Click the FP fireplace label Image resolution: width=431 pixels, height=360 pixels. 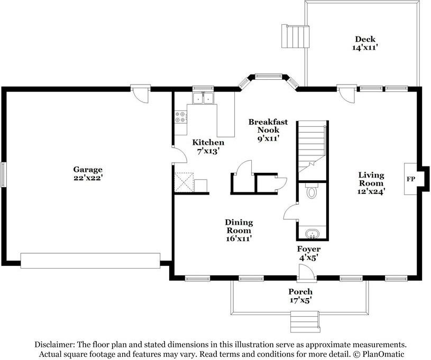coord(411,179)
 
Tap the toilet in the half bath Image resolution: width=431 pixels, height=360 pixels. coord(311,190)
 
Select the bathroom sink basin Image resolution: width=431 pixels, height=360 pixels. coord(312,234)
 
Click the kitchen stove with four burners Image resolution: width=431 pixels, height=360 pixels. coord(181,117)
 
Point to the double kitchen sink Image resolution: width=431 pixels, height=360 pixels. coord(203,98)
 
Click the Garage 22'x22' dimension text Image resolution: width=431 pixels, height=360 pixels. coord(88,178)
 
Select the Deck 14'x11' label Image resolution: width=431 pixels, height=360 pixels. coord(365,43)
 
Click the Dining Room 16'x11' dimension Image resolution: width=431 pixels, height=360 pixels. coord(239,238)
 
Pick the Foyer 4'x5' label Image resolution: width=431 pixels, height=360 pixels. coord(309,253)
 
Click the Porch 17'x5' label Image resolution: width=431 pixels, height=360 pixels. coord(300,296)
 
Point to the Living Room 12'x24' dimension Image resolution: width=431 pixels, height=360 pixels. coord(371,191)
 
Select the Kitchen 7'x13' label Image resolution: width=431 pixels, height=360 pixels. coord(208,146)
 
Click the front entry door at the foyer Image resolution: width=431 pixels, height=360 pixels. coord(307,273)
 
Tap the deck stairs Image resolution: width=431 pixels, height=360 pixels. coord(295,36)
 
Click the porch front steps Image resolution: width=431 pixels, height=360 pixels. coord(305,322)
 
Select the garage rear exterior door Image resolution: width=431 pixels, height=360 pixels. coord(141,94)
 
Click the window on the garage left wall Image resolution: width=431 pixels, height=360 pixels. coord(3,175)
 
